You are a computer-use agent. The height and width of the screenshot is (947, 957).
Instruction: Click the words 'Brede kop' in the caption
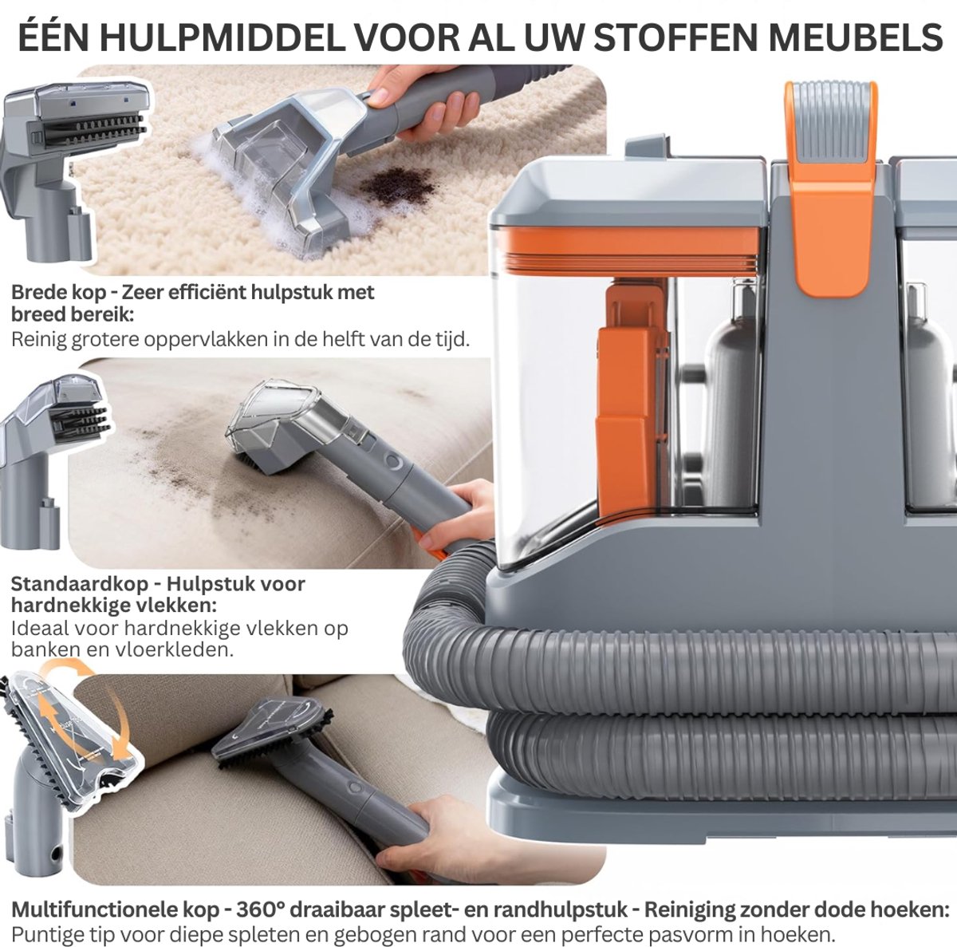coord(59,293)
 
